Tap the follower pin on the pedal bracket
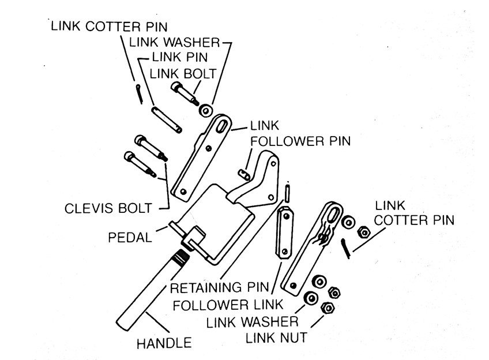pyautogui.click(x=245, y=172)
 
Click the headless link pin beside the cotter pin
pyautogui.click(x=167, y=119)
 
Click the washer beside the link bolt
pyautogui.click(x=205, y=110)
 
